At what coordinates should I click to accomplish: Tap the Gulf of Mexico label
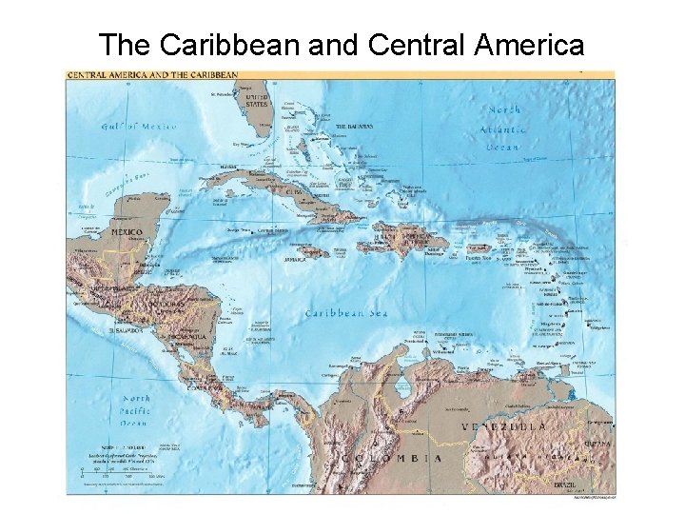point(133,126)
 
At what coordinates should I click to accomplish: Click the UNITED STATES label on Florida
point(257,101)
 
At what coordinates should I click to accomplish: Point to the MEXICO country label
point(127,231)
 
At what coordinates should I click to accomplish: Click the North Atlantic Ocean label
point(501,128)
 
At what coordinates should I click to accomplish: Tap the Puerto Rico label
point(478,257)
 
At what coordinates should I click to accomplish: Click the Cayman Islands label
point(273,229)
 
